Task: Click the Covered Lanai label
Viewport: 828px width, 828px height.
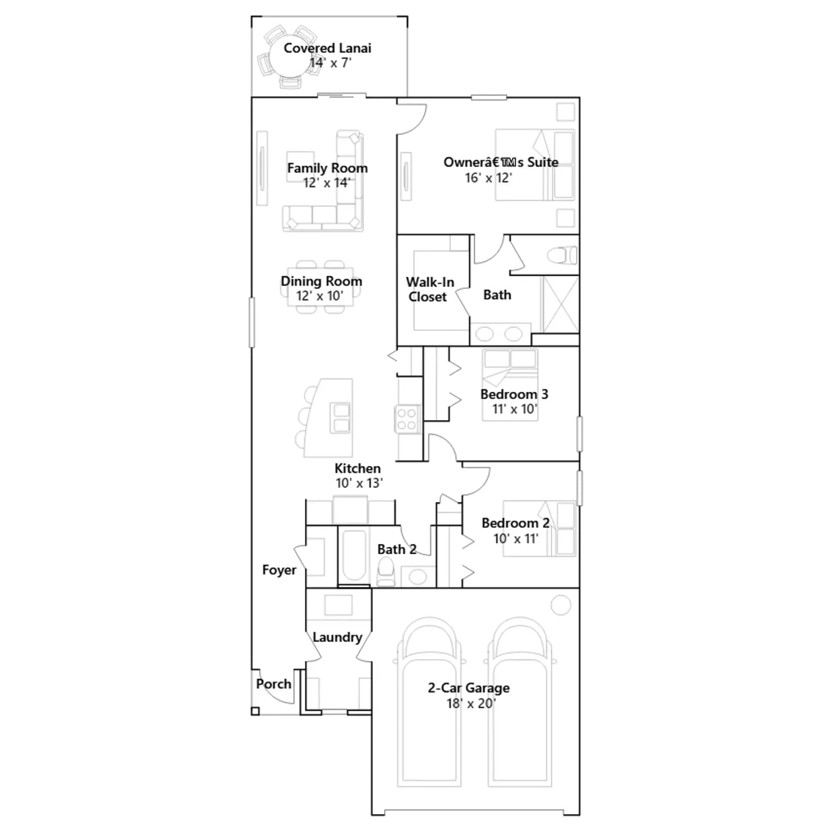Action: (x=327, y=48)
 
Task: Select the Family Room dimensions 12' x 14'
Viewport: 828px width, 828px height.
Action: (x=327, y=183)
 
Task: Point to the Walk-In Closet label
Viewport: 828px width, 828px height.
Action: (x=429, y=289)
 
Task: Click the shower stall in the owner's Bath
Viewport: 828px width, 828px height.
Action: (x=559, y=304)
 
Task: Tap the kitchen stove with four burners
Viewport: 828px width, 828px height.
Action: (x=407, y=419)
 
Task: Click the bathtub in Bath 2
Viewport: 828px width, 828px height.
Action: (x=354, y=556)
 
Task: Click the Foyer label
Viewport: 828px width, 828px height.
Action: (x=279, y=570)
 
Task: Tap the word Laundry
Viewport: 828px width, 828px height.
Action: (x=337, y=638)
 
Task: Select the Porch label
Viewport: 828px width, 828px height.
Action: (x=274, y=684)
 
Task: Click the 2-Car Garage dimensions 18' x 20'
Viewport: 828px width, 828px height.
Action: (x=471, y=703)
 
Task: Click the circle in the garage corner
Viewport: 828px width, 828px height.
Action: (x=560, y=605)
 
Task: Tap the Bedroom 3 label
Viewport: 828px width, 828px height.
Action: (x=514, y=394)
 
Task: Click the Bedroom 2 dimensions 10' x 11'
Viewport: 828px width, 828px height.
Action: (x=515, y=539)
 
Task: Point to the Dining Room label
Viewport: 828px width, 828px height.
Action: (x=321, y=282)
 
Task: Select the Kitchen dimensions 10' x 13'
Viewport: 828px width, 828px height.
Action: (x=359, y=483)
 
